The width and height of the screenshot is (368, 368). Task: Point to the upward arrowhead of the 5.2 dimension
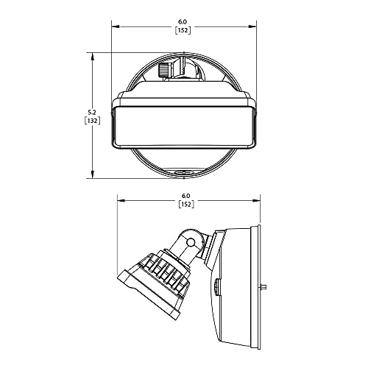(93, 56)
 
